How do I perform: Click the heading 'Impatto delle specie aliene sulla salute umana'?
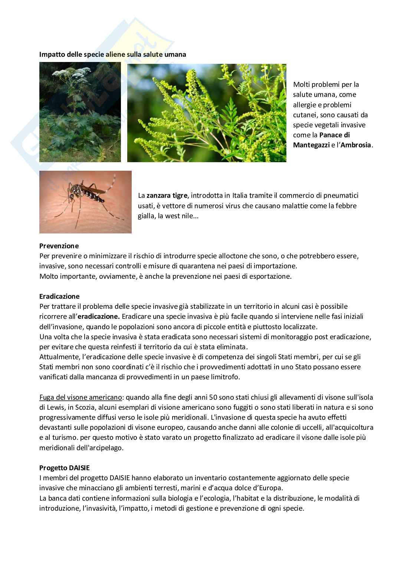click(x=113, y=54)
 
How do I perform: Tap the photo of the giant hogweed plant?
click(x=80, y=112)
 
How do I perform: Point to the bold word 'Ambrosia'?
click(x=356, y=145)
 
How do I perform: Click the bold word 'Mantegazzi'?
click(x=311, y=145)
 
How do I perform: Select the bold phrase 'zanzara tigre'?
click(x=167, y=196)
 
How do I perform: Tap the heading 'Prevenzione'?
click(x=59, y=246)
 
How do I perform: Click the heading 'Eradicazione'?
click(x=59, y=297)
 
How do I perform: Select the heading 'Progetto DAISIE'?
click(x=65, y=468)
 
